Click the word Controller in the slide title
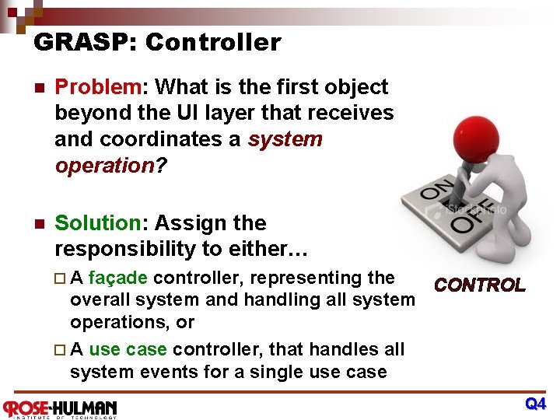[212, 42]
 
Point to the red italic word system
[285, 139]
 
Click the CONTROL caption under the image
[479, 285]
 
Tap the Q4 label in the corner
[535, 404]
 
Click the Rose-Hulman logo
[60, 408]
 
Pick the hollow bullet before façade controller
[62, 278]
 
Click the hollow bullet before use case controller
[62, 350]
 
